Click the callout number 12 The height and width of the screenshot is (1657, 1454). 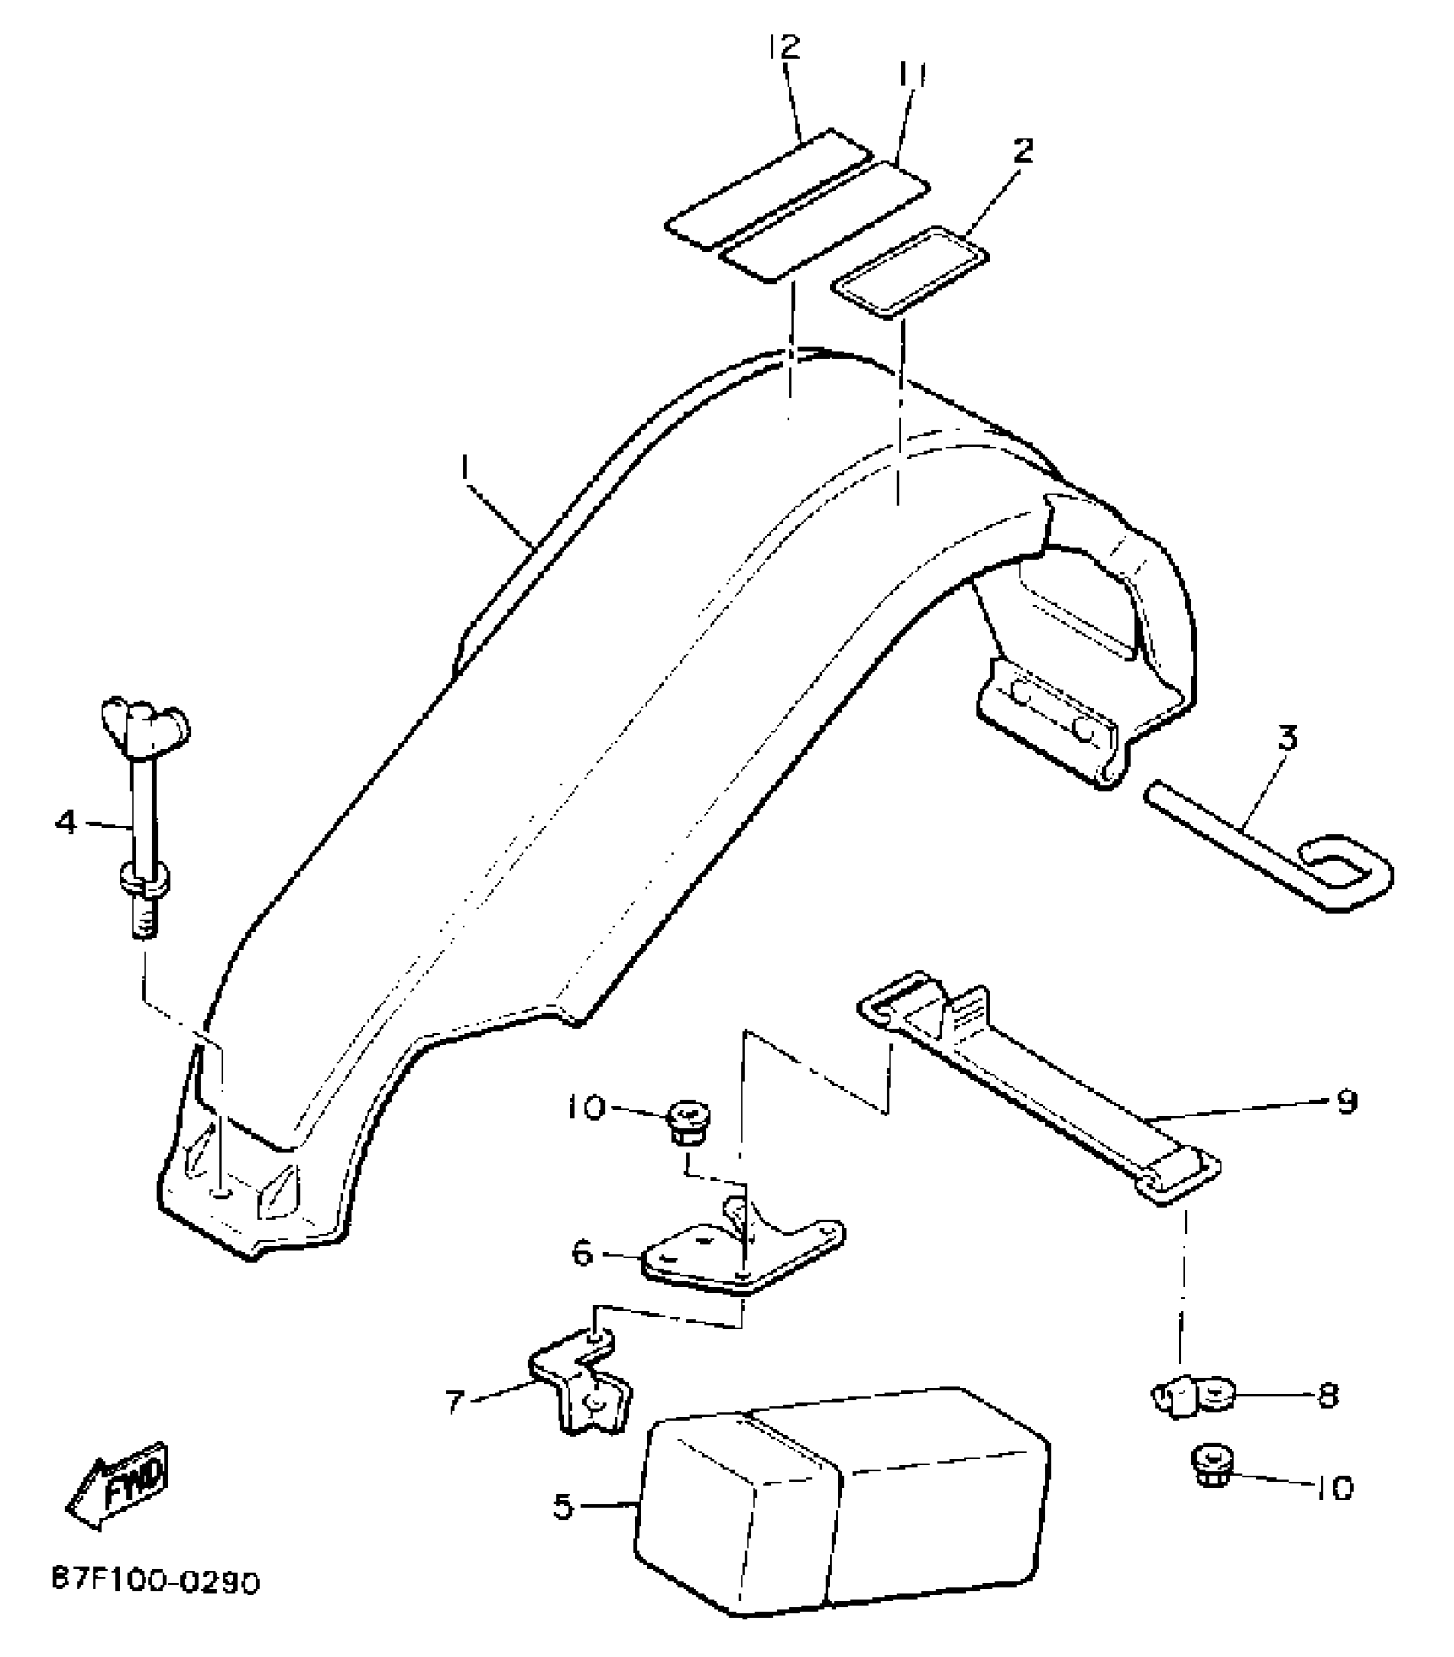783,47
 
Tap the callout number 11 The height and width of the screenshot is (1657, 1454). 912,75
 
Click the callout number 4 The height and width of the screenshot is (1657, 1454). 66,823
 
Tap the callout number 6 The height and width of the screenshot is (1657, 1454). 582,1254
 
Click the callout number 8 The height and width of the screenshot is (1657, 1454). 1327,1396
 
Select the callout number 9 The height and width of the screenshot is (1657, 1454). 1347,1102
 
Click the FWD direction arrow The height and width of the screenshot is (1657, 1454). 121,1484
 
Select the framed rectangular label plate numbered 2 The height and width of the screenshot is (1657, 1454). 910,271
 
